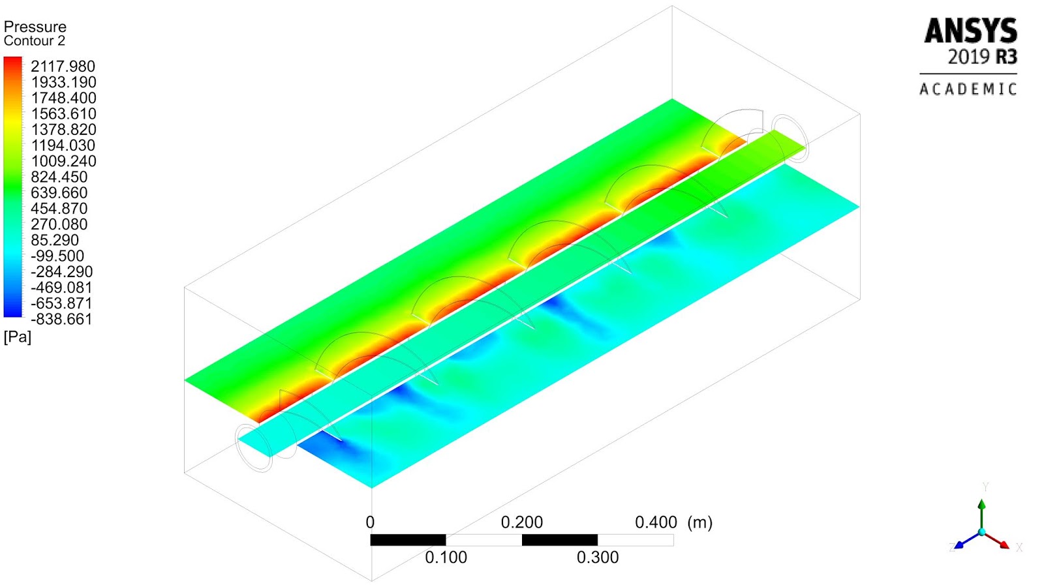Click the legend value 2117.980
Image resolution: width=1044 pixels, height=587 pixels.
63,67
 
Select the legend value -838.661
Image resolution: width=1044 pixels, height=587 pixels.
61,320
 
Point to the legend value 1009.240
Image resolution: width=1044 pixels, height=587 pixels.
63,161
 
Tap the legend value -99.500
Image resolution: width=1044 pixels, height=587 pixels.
57,256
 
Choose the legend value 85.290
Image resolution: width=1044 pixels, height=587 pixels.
55,240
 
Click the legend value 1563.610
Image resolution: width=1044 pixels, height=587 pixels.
63,114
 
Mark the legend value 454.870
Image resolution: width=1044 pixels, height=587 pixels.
59,209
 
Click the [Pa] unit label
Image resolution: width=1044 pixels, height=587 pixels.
18,337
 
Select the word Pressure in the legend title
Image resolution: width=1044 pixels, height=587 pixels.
35,27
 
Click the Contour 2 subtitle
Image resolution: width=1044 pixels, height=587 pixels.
35,41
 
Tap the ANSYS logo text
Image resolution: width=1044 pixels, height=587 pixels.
970,31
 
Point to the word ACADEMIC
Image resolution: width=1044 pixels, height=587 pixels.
968,89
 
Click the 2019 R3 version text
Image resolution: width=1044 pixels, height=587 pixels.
982,57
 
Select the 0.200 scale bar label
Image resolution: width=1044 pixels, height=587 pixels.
521,522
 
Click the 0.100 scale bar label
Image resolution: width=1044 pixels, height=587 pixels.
446,558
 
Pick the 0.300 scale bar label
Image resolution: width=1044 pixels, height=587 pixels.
598,558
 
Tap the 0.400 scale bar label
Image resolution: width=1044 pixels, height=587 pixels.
656,522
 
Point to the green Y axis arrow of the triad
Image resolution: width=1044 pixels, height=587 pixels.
981,512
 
